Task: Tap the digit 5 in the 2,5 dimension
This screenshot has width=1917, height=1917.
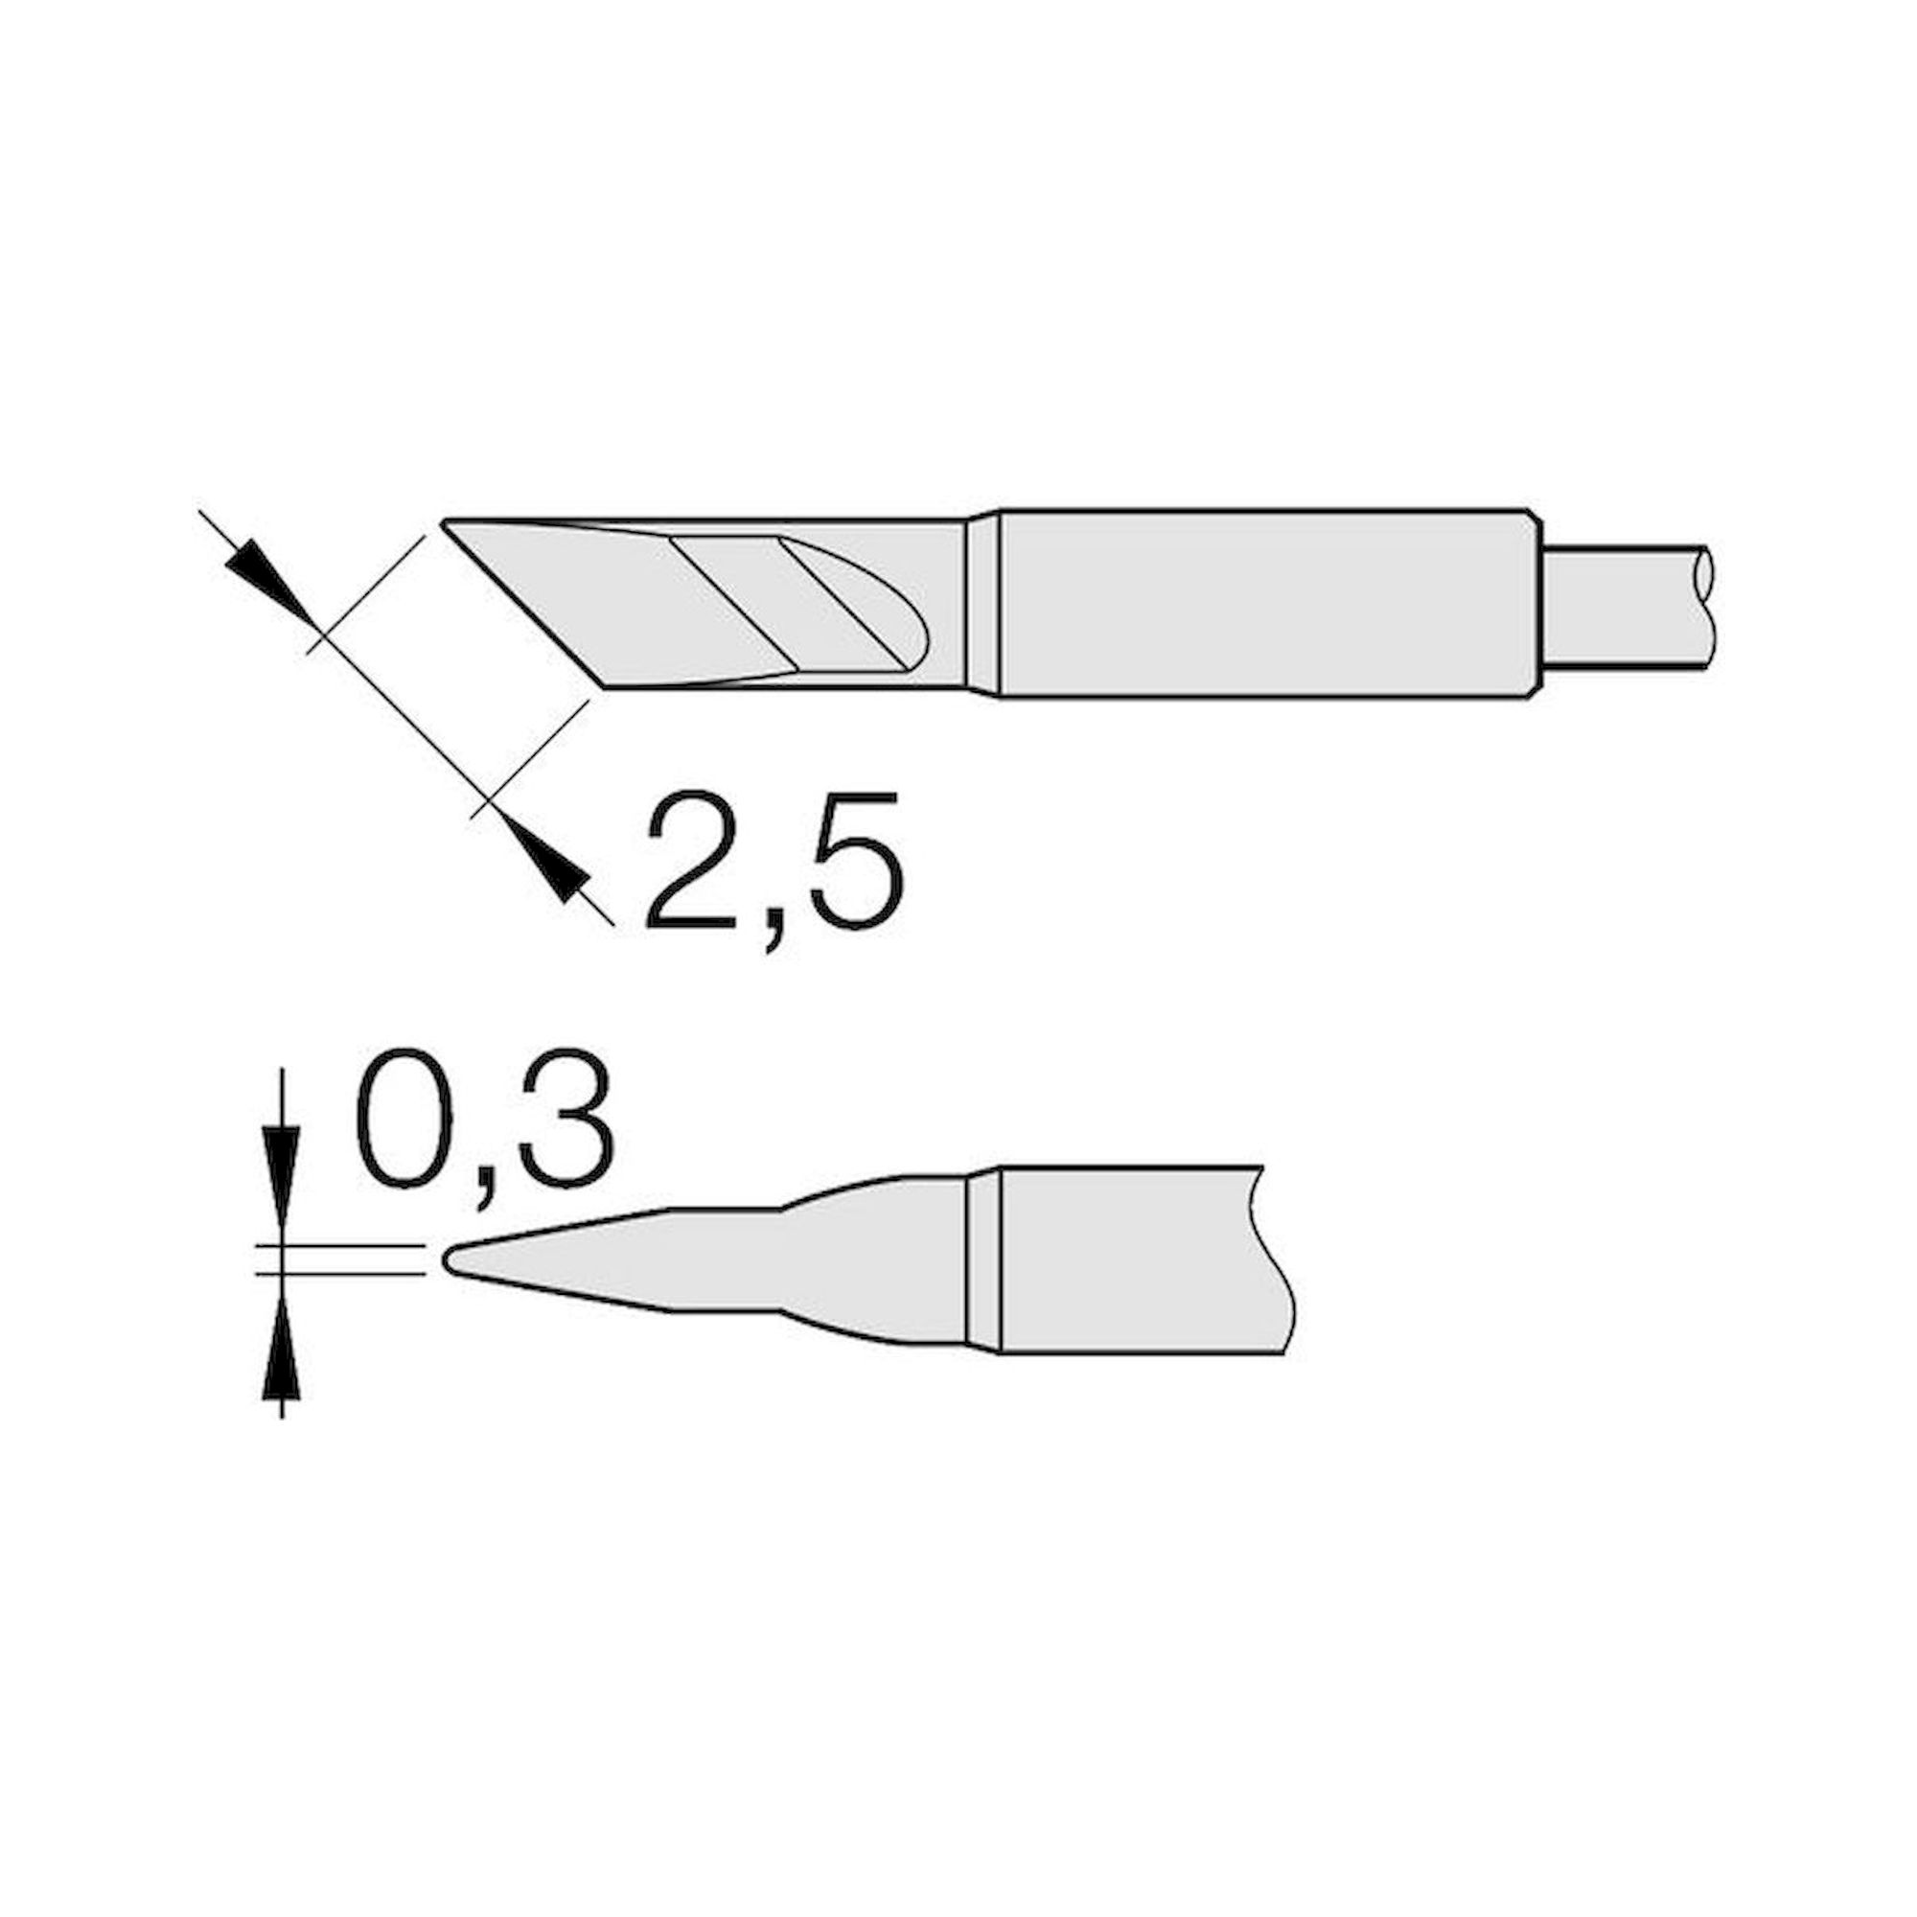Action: coord(855,861)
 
